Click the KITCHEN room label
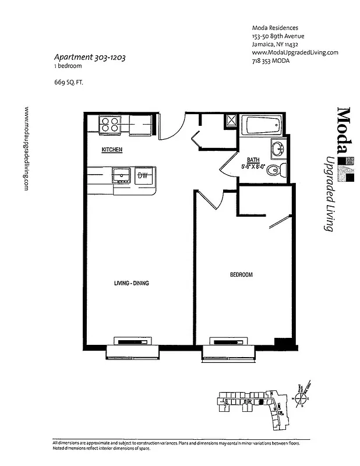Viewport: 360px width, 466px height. (x=112, y=150)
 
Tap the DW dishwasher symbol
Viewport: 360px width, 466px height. (x=142, y=175)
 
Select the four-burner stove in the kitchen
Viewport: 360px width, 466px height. (x=110, y=125)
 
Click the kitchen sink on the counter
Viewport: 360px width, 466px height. (x=121, y=174)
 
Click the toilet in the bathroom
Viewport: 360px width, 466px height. (x=281, y=169)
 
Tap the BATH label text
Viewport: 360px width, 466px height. (x=253, y=159)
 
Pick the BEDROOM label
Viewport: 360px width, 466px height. (x=240, y=274)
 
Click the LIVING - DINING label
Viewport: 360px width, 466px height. (x=132, y=284)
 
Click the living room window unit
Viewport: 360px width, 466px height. (x=132, y=347)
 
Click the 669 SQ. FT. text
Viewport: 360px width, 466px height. (x=69, y=82)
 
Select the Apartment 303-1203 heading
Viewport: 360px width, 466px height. (x=90, y=58)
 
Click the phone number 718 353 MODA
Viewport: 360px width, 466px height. (x=272, y=61)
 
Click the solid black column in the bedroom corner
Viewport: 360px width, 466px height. (x=283, y=343)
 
